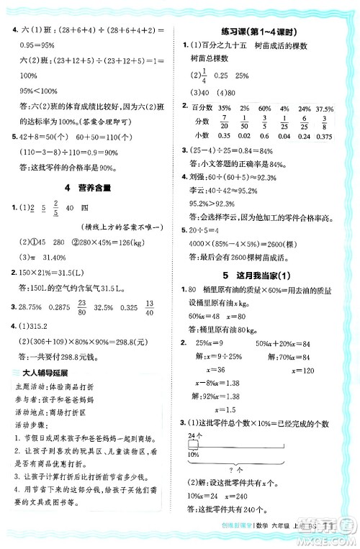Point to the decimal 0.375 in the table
point(328,135)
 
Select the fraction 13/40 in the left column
point(168,307)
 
